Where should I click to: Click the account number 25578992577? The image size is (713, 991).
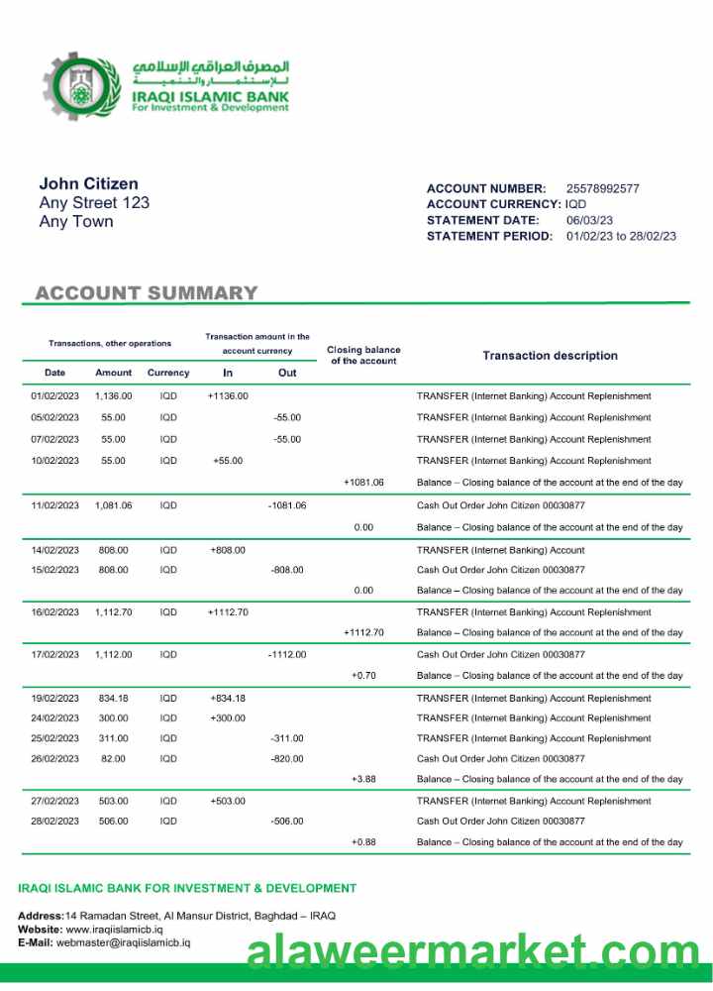pos(602,188)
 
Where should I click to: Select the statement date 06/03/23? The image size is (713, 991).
pos(589,220)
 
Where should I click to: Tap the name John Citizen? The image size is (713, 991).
pos(88,183)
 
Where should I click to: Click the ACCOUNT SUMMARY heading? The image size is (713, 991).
pos(147,293)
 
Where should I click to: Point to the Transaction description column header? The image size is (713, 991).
pos(550,356)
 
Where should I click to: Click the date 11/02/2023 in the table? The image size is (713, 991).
pos(54,505)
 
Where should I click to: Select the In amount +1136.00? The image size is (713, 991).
pos(228,396)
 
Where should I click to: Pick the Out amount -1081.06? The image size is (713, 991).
pos(287,505)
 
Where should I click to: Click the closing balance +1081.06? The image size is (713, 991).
pos(363,483)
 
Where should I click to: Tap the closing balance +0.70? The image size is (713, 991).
pos(363,676)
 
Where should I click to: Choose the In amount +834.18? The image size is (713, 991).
pos(228,699)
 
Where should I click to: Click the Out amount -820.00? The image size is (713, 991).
pos(287,759)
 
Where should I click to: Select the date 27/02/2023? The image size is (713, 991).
pos(54,801)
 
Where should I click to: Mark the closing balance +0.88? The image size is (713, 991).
pos(363,842)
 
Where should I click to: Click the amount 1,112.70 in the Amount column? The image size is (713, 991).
pos(113,612)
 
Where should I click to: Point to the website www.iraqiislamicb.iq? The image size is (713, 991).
pos(114,931)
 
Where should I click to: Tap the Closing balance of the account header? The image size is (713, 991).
pos(363,356)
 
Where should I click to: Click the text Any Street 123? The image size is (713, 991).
pos(94,203)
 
